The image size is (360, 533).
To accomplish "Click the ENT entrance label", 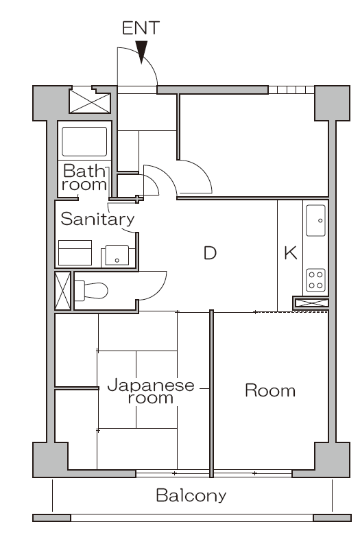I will [x=141, y=28].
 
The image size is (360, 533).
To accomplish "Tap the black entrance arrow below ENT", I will [x=142, y=52].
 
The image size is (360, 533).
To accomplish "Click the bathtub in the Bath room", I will [x=84, y=141].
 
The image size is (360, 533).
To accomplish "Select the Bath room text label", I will [x=85, y=177].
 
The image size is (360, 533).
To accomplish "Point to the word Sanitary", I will [x=97, y=220].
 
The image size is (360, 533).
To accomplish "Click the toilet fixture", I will [x=91, y=290].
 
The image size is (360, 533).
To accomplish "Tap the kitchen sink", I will [x=316, y=220].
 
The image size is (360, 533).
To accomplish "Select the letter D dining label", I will [x=210, y=253].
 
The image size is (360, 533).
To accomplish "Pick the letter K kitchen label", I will [x=290, y=253].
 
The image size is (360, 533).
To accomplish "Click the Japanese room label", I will [x=151, y=391].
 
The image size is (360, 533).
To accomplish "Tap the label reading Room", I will [x=270, y=391].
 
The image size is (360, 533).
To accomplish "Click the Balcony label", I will [x=191, y=495].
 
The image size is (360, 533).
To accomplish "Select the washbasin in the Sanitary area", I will [x=116, y=256].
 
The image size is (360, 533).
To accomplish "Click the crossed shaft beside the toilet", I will [x=62, y=291].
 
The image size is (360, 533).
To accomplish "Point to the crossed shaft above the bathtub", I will [x=90, y=102].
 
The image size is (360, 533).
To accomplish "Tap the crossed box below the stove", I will [x=311, y=302].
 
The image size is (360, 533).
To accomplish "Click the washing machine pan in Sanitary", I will [x=75, y=252].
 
